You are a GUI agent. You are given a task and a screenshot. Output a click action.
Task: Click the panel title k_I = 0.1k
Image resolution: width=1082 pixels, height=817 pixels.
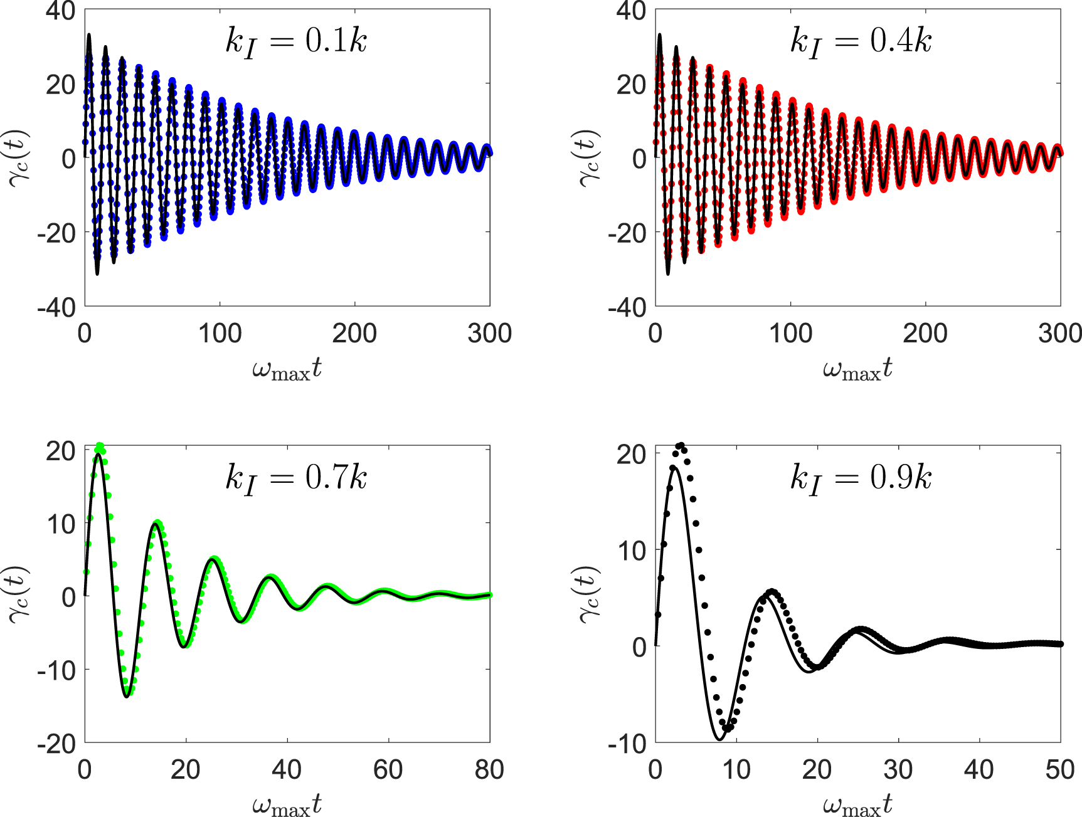295,43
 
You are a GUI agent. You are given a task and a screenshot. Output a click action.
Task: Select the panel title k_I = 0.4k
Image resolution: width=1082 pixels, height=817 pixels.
860,43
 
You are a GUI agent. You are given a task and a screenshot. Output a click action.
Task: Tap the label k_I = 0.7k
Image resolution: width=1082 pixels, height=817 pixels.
295,480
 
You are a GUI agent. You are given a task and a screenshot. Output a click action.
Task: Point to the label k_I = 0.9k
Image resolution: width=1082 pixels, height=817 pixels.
860,480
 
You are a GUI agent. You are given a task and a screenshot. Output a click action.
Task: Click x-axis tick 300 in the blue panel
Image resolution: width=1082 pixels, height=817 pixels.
489,334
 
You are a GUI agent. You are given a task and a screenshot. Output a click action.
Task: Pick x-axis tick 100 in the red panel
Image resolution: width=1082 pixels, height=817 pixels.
790,334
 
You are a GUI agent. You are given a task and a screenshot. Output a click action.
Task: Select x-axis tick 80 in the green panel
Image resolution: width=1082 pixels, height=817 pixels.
489,769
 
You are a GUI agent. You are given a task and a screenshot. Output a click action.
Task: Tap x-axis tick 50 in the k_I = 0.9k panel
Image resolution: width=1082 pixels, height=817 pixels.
1060,769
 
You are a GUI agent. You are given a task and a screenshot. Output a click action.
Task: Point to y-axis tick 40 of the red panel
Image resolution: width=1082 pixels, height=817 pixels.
631,10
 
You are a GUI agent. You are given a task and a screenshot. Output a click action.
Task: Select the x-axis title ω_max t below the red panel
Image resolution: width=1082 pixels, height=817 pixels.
857,369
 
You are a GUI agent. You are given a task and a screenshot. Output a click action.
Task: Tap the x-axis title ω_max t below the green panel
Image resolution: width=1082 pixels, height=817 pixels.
287,805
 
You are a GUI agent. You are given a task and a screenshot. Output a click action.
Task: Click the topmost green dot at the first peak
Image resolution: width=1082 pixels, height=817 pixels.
99,446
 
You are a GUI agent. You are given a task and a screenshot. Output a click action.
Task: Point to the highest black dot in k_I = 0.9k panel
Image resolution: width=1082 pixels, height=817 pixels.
681,446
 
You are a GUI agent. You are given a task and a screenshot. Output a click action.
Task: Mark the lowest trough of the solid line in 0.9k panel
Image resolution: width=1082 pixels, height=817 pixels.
719,739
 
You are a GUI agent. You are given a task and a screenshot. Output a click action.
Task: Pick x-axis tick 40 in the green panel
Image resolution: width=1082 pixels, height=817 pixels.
287,769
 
